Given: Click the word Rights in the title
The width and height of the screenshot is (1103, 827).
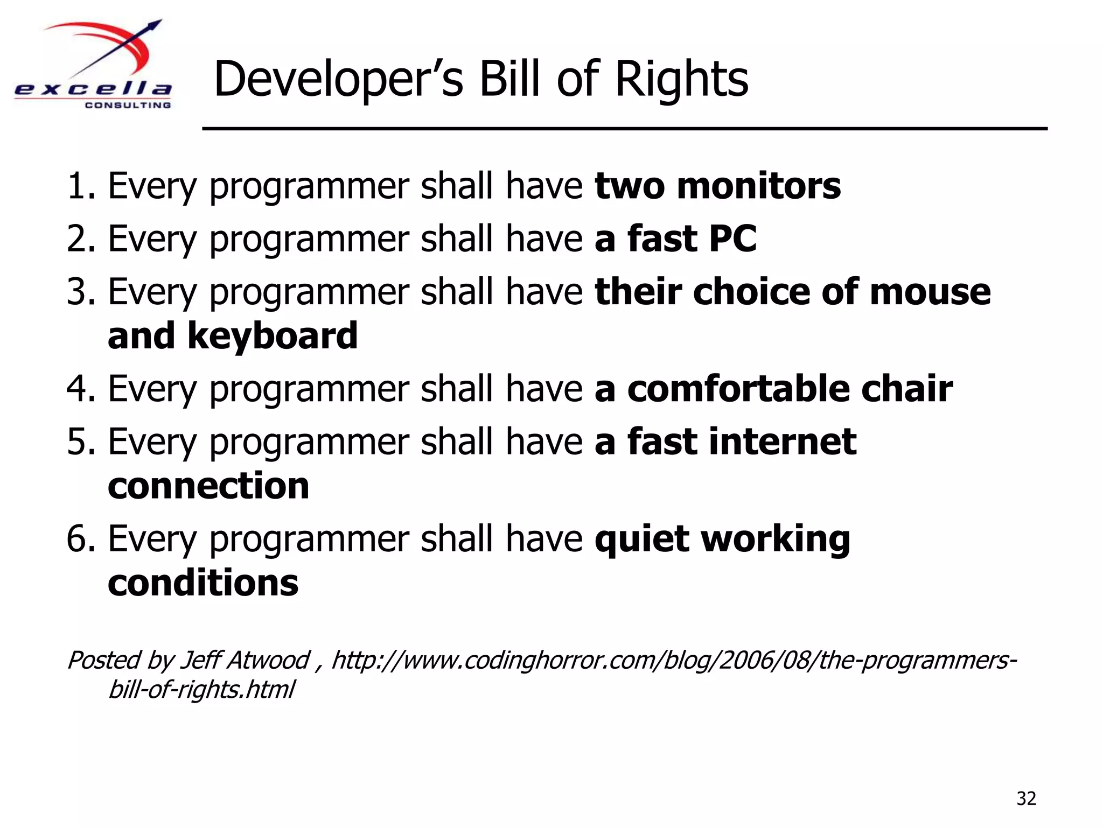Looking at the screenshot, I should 681,80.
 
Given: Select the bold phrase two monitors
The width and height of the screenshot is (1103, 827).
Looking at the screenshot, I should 717,186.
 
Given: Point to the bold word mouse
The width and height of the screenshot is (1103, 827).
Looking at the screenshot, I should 930,292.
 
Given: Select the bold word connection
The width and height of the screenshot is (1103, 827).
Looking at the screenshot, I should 208,486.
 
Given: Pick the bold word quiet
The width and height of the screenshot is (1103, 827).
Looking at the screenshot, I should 641,538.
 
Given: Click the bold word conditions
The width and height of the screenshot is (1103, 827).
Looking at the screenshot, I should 203,583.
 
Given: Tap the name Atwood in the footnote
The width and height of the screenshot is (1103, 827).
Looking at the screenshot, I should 269,660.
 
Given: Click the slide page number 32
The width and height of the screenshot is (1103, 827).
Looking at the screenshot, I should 1026,798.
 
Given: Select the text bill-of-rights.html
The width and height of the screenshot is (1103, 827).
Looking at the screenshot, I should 201,689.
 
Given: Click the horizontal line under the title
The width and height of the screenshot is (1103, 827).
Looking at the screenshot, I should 625,129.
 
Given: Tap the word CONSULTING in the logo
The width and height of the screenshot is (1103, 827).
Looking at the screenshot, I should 128,105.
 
